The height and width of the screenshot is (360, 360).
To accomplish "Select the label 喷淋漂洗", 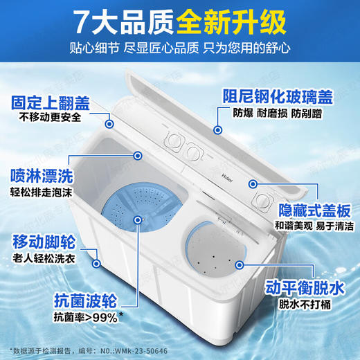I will [x=42, y=174].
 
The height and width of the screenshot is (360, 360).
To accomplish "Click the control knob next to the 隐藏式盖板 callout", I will [x=262, y=200].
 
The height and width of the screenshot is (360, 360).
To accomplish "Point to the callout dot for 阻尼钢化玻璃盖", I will [x=217, y=129].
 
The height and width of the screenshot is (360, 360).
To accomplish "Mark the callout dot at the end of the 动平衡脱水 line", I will [x=239, y=264].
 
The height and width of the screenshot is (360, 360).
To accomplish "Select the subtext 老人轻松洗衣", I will [x=43, y=260].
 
